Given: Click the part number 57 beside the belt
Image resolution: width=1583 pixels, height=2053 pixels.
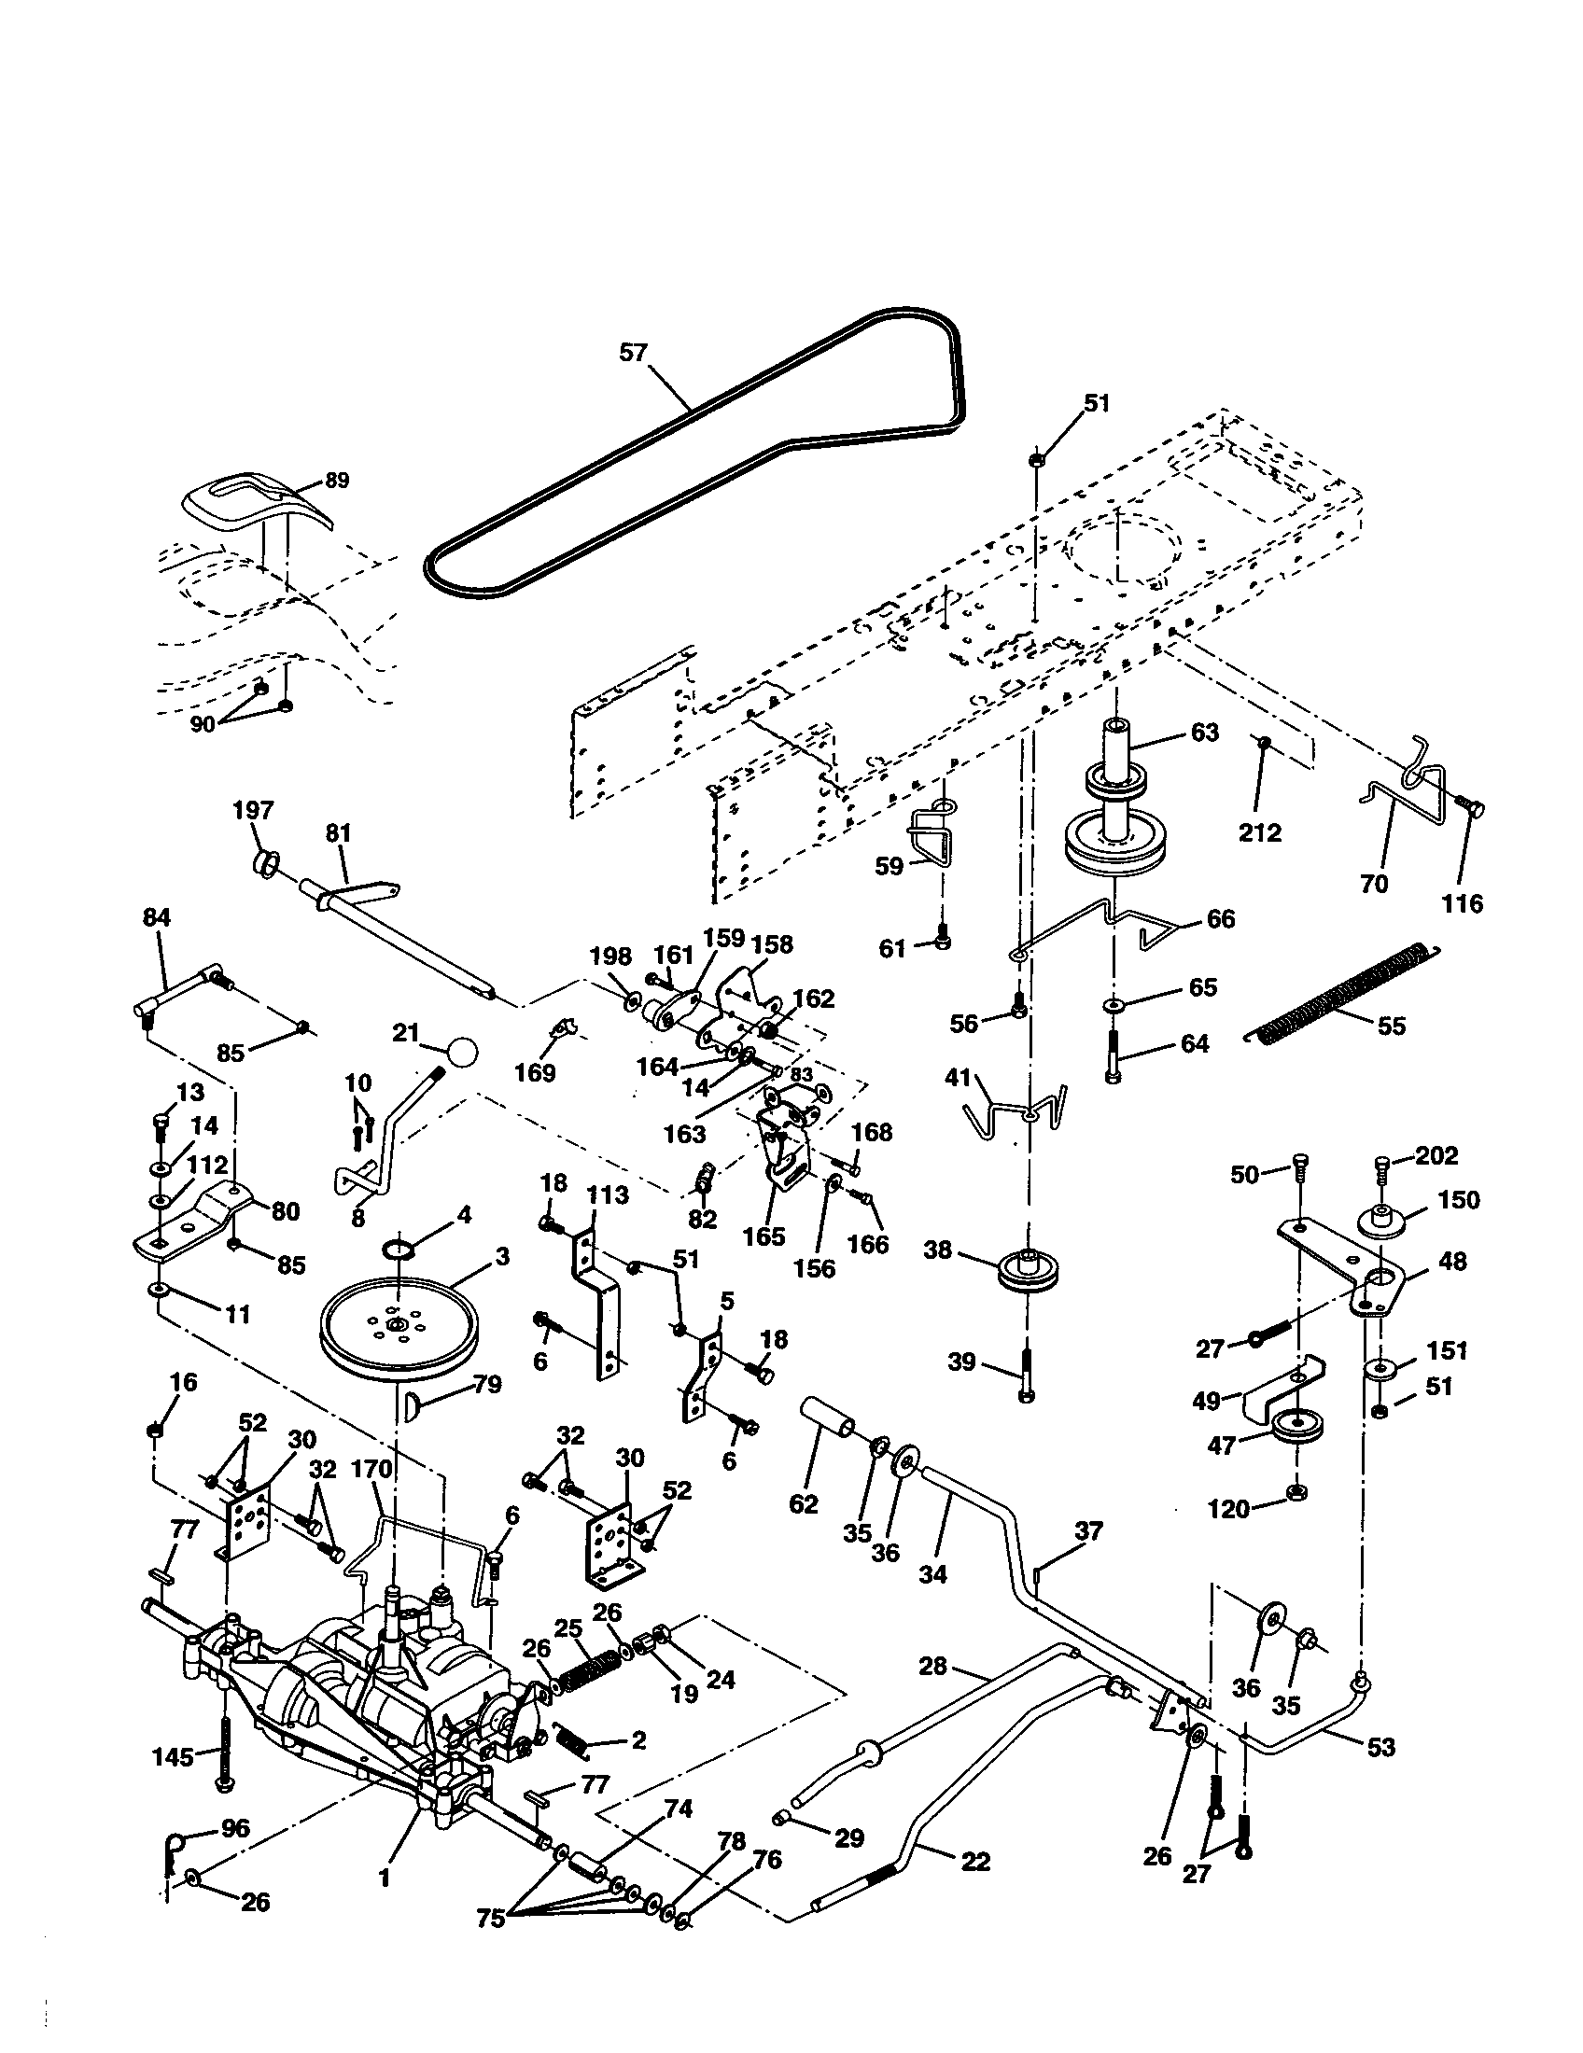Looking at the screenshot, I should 634,353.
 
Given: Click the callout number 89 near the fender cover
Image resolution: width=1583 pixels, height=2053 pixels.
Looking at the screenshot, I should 336,481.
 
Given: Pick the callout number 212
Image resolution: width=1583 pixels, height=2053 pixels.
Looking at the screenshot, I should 1260,832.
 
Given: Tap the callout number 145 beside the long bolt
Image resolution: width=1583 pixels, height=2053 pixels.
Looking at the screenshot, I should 172,1756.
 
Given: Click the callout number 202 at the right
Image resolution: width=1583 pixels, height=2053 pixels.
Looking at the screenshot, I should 1436,1155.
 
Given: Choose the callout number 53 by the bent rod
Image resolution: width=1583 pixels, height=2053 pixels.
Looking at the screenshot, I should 1380,1748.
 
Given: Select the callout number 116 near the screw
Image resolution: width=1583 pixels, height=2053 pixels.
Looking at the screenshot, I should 1463,903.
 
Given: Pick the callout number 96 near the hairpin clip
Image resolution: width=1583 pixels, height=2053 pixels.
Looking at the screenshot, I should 234,1827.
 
